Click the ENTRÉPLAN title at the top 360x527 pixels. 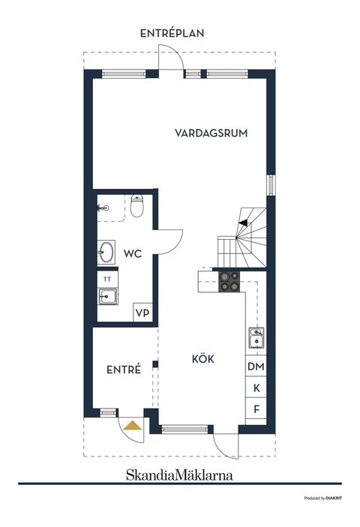[x=172, y=33]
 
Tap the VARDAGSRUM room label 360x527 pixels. [x=211, y=133]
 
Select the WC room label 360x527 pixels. [x=133, y=255]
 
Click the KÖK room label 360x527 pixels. [x=202, y=359]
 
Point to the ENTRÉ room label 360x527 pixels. [x=124, y=369]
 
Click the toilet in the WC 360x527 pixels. [x=136, y=205]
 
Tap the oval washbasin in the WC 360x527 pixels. [x=106, y=252]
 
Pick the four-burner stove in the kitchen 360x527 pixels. [x=229, y=281]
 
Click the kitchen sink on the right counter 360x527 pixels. [x=256, y=340]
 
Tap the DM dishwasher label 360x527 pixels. [x=256, y=367]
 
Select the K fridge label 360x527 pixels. [x=256, y=388]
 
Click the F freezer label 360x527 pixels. [x=256, y=409]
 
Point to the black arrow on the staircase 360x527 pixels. [x=243, y=220]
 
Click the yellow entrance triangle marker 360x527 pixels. [x=133, y=426]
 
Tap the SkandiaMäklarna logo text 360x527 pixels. [x=178, y=475]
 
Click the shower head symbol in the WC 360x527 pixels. [x=104, y=207]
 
